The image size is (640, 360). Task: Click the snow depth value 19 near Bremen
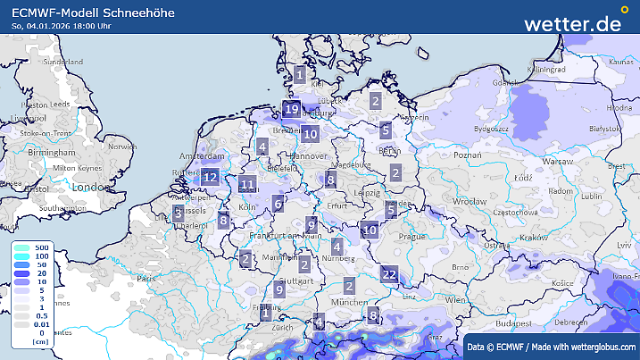(291, 110)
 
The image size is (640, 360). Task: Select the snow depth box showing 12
(211, 177)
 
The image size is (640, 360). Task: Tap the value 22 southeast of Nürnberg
(389, 274)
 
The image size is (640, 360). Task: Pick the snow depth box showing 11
(248, 185)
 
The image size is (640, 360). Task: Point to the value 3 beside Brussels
(179, 213)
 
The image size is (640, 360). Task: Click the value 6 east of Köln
(278, 204)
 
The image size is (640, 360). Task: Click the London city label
(89, 188)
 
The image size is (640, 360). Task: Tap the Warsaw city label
(558, 162)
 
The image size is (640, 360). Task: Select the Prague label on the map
(411, 236)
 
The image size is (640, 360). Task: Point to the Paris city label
(146, 279)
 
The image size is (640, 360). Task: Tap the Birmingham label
(50, 154)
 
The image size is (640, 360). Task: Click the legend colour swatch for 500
(21, 247)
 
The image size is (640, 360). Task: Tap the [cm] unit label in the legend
(40, 342)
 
